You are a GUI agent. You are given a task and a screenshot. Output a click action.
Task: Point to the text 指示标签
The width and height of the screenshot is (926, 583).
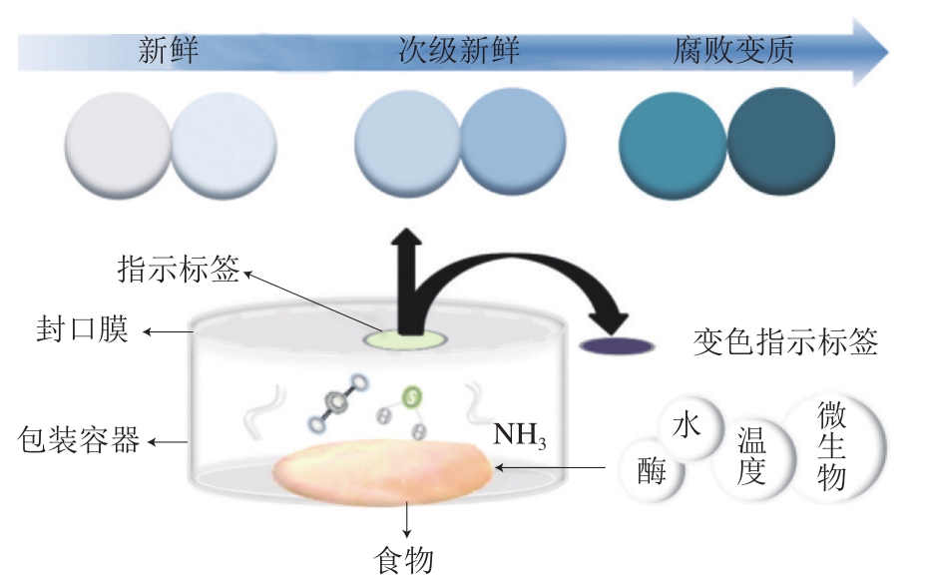point(180,269)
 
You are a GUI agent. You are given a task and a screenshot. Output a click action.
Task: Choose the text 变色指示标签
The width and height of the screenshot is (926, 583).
point(785,343)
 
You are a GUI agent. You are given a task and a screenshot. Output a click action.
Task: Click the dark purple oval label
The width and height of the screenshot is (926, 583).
point(619,345)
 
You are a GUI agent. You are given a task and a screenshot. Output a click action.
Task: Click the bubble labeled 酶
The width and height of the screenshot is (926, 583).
point(654,470)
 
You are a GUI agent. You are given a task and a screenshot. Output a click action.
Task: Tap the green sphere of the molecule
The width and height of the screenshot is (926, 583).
point(410,397)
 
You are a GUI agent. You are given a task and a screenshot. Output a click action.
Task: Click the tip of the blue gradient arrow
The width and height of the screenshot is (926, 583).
point(882,51)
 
